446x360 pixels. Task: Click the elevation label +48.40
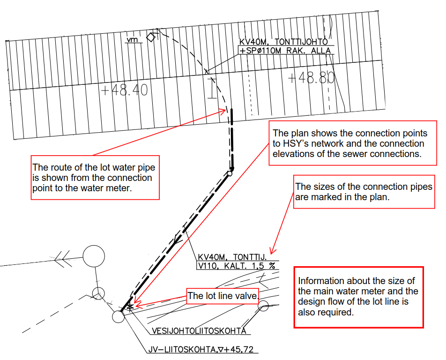[x=125, y=90]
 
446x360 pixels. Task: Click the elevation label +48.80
[x=311, y=77]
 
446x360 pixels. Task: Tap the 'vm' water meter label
[x=132, y=39]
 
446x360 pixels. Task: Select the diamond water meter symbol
[x=151, y=37]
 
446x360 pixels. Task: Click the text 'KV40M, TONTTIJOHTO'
[x=283, y=42]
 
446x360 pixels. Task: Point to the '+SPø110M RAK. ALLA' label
[x=286, y=51]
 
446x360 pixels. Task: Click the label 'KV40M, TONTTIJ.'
[x=232, y=257]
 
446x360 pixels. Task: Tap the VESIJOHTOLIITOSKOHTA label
[x=199, y=331]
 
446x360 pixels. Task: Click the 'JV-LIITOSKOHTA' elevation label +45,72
[x=201, y=350]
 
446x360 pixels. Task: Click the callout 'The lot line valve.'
[x=223, y=296]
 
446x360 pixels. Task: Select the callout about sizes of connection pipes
[x=364, y=192]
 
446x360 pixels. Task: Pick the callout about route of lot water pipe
[x=95, y=177]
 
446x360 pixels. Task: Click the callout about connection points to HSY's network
[x=353, y=143]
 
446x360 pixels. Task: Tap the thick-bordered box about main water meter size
[x=359, y=297]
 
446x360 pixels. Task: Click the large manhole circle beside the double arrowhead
[x=94, y=256]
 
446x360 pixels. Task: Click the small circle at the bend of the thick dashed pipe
[x=230, y=173]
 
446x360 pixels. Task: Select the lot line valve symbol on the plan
[x=130, y=307]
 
